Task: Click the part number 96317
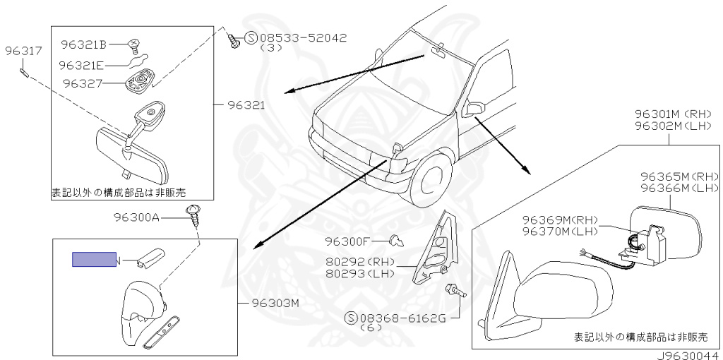23,52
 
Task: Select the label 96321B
83,45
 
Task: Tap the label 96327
83,83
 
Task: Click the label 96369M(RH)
561,219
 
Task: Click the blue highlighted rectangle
94,260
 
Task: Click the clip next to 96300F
398,242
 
